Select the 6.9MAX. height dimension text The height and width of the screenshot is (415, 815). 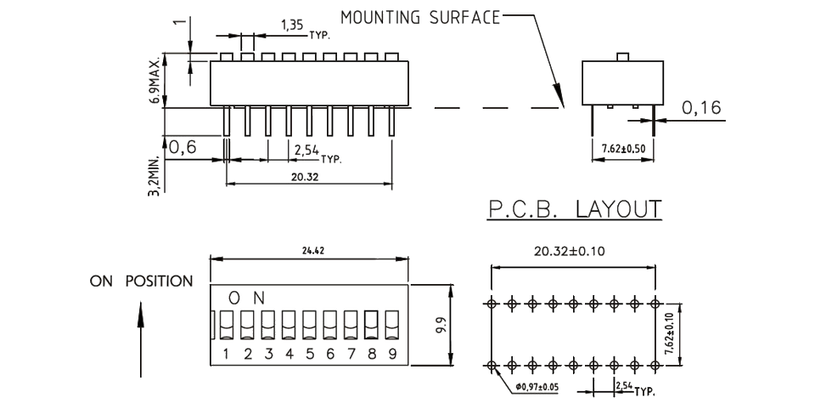point(155,81)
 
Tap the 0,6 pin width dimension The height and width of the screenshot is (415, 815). point(183,147)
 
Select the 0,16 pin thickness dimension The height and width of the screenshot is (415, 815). point(700,108)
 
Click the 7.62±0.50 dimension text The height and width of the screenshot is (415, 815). point(623,148)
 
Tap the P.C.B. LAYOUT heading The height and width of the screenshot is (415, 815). point(574,209)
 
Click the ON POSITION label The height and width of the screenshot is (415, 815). point(142,281)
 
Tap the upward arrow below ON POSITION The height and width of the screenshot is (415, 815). point(142,340)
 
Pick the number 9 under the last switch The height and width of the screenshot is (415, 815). point(391,354)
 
